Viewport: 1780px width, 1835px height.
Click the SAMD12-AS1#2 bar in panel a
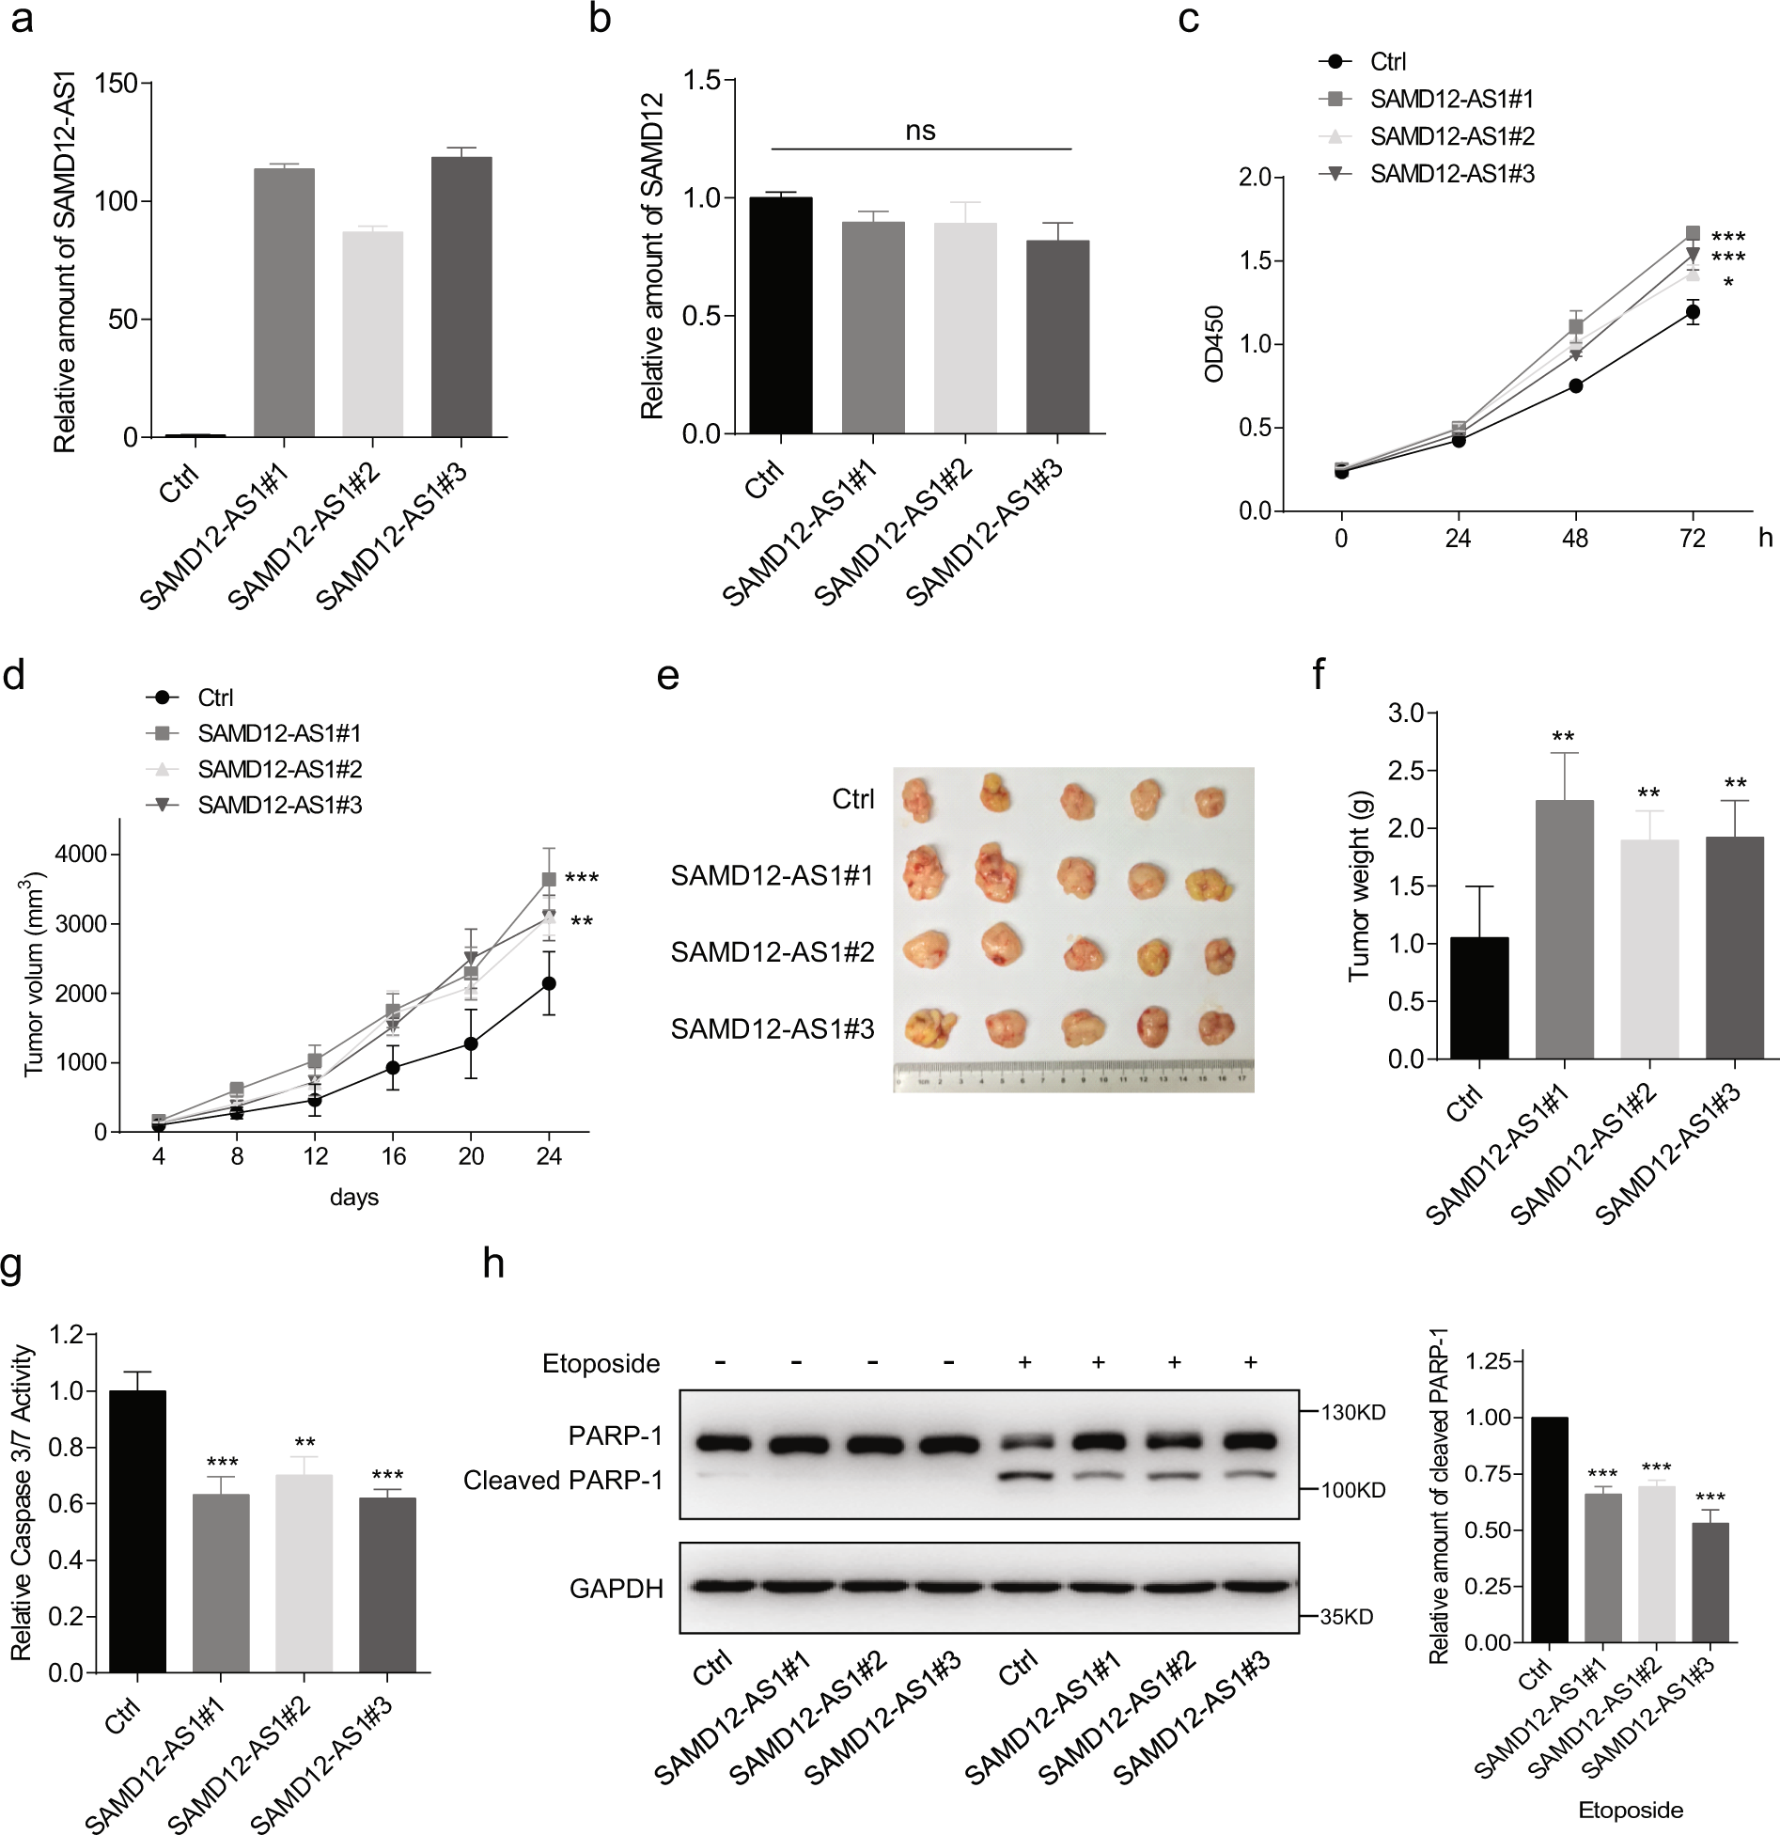click(x=373, y=334)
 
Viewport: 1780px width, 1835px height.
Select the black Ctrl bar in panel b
click(x=781, y=315)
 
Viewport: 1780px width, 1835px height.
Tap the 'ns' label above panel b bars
click(x=920, y=132)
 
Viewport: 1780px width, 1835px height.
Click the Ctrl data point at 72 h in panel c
click(x=1693, y=312)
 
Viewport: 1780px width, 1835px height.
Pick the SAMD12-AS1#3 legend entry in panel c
click(x=1451, y=174)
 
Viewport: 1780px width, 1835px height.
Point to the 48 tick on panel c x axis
click(x=1575, y=539)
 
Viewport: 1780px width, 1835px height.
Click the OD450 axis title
click(x=1214, y=344)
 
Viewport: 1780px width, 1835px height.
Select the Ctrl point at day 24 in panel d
click(x=549, y=983)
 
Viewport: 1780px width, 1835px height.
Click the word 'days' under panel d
click(x=354, y=1198)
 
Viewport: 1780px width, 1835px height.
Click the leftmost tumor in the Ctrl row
click(x=916, y=799)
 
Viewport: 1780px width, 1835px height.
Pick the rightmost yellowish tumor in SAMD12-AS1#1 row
click(x=1209, y=885)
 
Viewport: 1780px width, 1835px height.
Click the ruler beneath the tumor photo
click(x=1073, y=1076)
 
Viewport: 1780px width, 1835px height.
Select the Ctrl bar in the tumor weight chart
click(x=1479, y=997)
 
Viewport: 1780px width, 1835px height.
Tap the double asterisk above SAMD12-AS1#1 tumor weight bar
click(x=1564, y=737)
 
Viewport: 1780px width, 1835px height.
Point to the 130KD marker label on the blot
click(x=1353, y=1413)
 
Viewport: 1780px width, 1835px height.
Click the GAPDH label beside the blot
click(x=617, y=1589)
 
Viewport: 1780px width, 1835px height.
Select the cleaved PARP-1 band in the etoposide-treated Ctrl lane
click(x=1024, y=1477)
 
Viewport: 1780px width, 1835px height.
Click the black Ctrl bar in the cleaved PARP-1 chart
click(x=1549, y=1529)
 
